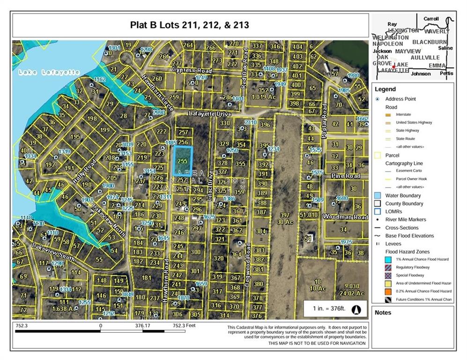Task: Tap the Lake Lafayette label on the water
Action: [49, 72]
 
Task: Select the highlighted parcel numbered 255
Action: [183, 160]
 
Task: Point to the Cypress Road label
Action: [192, 70]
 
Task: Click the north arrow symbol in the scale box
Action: [356, 309]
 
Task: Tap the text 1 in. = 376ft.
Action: [328, 309]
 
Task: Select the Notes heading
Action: [383, 313]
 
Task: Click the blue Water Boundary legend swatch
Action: [378, 195]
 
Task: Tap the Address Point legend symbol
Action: [378, 99]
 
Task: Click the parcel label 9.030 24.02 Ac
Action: [354, 290]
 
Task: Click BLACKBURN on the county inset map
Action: [430, 42]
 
